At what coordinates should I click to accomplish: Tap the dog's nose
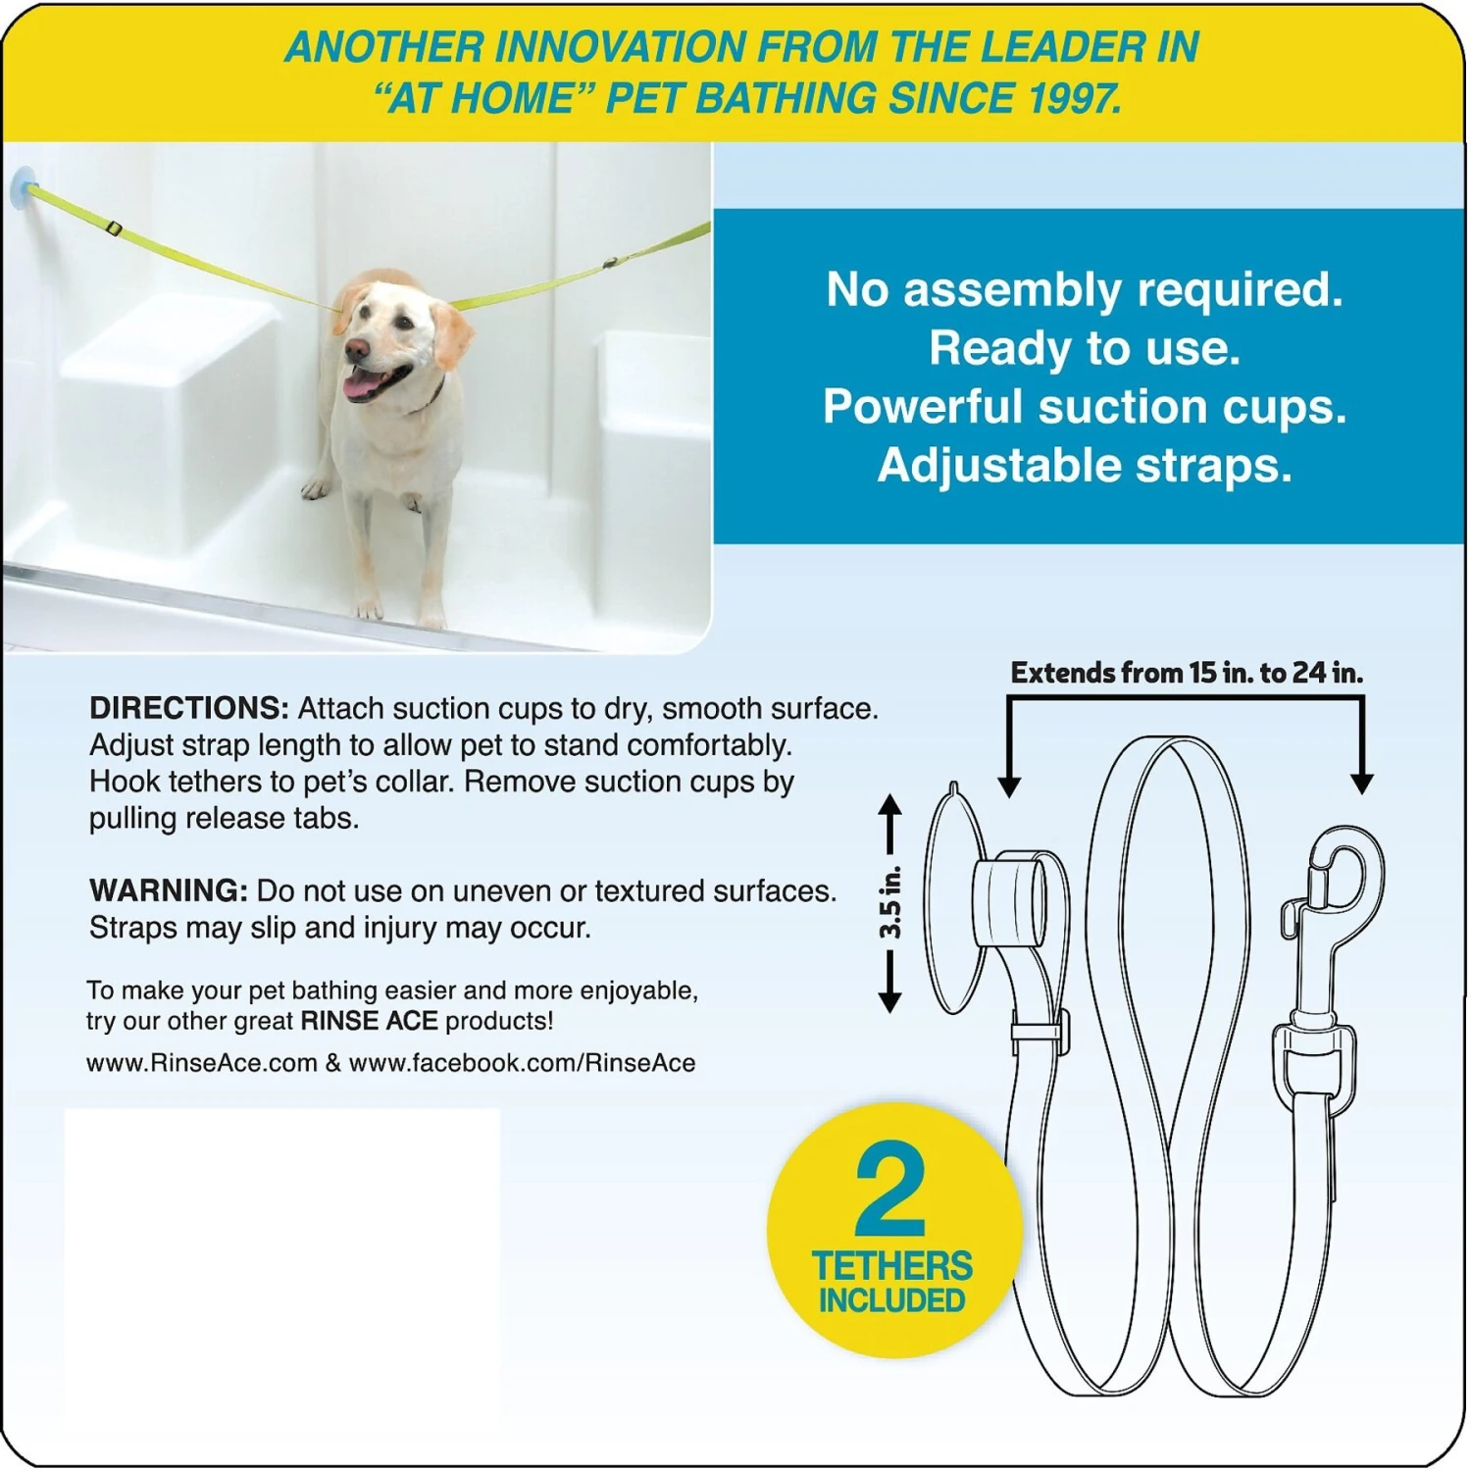tap(356, 348)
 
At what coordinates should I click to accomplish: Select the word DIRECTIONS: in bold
tap(188, 708)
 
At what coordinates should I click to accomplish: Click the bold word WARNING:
tap(168, 890)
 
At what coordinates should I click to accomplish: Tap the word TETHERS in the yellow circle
tap(892, 1266)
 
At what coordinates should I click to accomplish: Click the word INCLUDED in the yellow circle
tap(892, 1301)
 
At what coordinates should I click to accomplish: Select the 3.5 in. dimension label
tap(890, 902)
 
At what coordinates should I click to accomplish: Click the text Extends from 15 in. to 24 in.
tap(1187, 673)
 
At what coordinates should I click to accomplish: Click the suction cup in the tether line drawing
tap(953, 900)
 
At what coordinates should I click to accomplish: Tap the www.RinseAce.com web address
tap(201, 1063)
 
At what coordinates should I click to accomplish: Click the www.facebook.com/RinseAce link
tap(522, 1063)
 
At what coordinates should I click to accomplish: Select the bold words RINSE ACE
tap(369, 1021)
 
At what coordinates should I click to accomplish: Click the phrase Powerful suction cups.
tap(1085, 407)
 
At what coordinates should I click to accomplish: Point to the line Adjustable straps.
tap(1085, 466)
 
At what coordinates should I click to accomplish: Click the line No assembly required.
tap(1085, 290)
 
